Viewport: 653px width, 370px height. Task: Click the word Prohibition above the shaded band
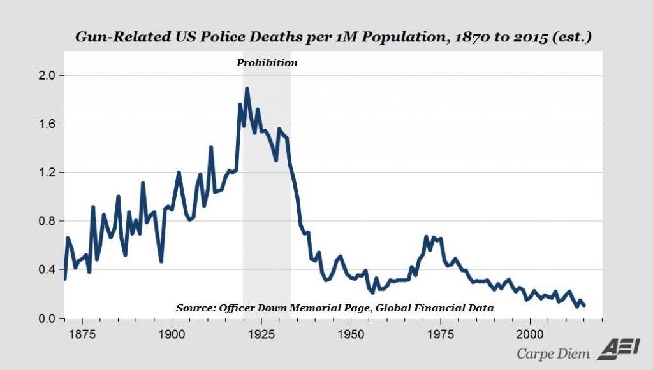point(267,63)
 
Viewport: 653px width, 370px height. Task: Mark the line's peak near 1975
point(426,237)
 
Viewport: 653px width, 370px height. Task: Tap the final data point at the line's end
point(583,306)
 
